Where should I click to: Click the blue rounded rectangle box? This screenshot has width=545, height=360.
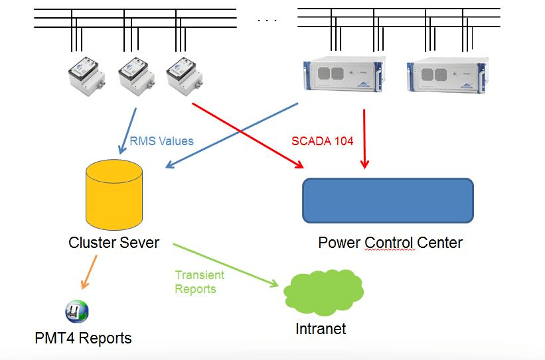(388, 200)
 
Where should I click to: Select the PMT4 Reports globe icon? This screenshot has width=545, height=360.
(77, 310)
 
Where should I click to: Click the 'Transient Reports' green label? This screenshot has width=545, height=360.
(199, 282)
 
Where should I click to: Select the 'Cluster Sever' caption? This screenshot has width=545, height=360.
(114, 243)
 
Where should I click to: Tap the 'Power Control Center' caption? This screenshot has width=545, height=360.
(390, 243)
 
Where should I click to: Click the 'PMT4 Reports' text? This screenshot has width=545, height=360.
(83, 338)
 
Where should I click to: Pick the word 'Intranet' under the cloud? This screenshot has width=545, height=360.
(321, 328)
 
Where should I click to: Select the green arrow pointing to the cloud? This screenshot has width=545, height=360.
(226, 266)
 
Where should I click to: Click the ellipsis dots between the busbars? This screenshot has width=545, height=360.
(267, 21)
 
